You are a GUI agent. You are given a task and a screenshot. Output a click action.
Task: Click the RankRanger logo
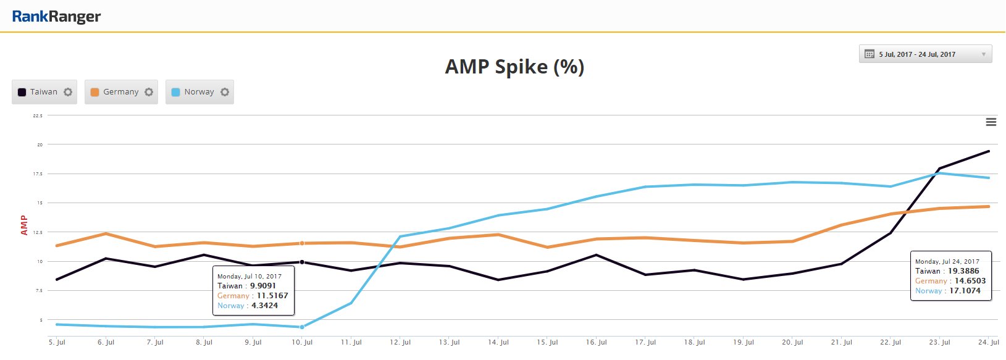coord(56,17)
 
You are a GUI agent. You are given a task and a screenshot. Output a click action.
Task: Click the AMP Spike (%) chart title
coord(514,67)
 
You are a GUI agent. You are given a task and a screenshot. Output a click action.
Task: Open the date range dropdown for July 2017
coord(925,54)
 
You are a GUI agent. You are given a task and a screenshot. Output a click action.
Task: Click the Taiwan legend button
coord(44,92)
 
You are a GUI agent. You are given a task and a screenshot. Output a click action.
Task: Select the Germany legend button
coord(121,92)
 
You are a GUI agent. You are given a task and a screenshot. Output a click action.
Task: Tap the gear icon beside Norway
coord(225,92)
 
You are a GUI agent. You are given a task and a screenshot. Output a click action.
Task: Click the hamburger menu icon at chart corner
coord(991,122)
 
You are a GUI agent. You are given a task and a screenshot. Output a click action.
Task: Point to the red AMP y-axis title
coord(24,225)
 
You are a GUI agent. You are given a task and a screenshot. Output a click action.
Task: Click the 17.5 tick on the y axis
coord(39,174)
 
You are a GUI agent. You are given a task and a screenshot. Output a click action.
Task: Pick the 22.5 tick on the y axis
coord(38,116)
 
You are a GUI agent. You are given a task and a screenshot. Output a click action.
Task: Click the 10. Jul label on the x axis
coord(302,342)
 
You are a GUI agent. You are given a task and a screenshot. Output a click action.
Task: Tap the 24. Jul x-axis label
coord(989,342)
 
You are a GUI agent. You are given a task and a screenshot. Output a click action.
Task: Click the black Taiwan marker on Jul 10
coord(302,262)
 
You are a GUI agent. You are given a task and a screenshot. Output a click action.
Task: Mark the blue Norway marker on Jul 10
coord(302,327)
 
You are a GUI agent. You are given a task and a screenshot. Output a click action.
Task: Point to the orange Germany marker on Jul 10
coord(302,243)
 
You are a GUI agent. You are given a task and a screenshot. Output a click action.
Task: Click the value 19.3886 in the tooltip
coord(963,271)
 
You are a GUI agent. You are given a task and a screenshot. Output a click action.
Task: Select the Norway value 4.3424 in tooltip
coord(264,306)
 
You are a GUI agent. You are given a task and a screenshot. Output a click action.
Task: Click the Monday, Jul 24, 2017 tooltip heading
coord(947,262)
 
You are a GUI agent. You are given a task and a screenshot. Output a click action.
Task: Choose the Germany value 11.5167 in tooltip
coord(272,296)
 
